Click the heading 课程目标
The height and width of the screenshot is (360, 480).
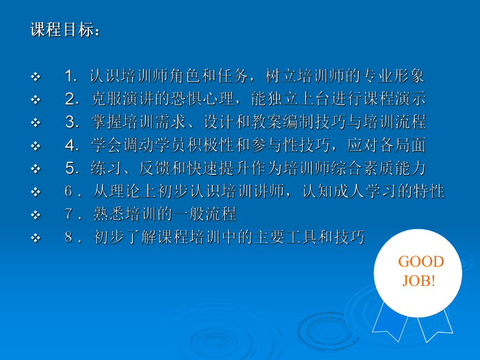point(64,31)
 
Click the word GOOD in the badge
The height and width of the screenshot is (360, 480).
point(421,261)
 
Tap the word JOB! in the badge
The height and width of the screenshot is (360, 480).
point(418,281)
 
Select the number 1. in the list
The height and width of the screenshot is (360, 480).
point(71,77)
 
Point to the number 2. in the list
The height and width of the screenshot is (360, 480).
point(71,99)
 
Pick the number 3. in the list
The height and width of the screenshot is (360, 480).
point(71,122)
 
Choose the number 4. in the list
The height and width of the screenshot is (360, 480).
point(71,145)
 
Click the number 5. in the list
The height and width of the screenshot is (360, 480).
point(71,168)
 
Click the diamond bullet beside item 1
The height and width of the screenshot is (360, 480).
point(36,77)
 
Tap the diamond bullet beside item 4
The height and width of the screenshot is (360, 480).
point(36,146)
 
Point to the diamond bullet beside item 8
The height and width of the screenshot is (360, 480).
point(36,238)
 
